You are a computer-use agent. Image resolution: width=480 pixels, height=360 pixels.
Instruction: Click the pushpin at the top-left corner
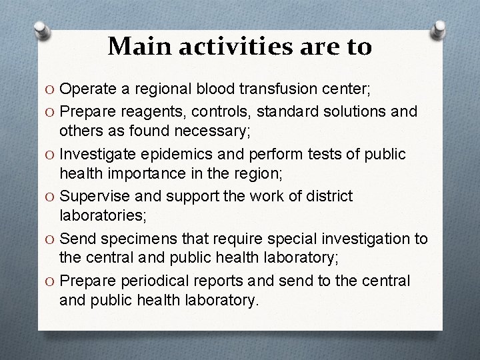tap(42, 33)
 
